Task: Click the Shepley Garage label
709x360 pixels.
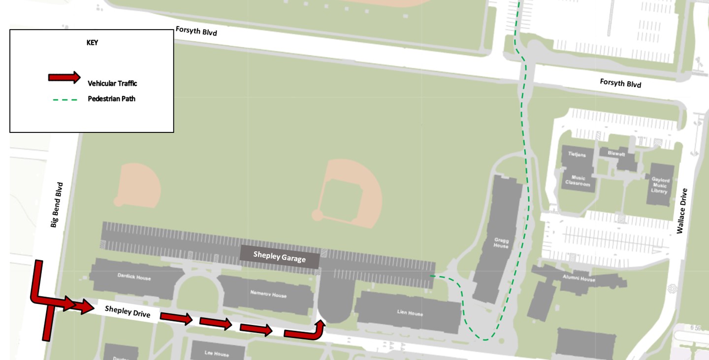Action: click(x=280, y=257)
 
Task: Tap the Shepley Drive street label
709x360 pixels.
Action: click(x=128, y=312)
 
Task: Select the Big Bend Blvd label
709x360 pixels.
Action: click(x=57, y=205)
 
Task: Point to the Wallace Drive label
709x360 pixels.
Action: click(x=681, y=211)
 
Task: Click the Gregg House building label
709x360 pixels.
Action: click(x=501, y=243)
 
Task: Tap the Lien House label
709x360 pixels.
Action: click(x=410, y=313)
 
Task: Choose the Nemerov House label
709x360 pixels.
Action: click(x=268, y=295)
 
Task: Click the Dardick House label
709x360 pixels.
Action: click(x=134, y=278)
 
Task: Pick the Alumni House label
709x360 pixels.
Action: click(x=579, y=279)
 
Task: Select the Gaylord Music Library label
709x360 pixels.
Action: click(x=660, y=186)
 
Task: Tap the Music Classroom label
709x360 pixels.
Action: click(x=578, y=181)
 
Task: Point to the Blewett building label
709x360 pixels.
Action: click(x=615, y=154)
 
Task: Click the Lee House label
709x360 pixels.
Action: click(x=217, y=354)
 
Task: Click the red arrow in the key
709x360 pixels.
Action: click(x=64, y=77)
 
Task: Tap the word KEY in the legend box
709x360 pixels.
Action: click(x=92, y=43)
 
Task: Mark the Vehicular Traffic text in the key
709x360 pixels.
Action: click(x=112, y=83)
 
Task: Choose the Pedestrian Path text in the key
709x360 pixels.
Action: click(x=111, y=99)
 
